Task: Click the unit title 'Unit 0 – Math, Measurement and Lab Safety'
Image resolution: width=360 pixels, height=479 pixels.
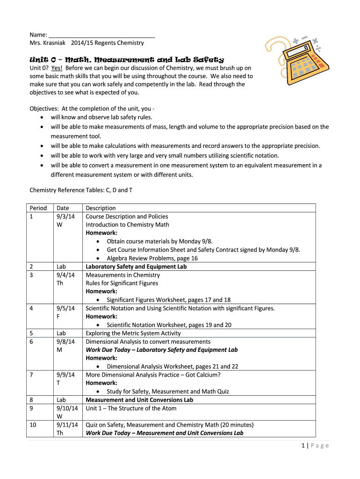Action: point(127,60)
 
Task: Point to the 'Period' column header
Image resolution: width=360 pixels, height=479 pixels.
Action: point(38,208)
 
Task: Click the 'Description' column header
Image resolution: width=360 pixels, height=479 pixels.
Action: point(101,208)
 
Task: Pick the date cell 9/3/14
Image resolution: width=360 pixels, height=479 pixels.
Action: point(65,217)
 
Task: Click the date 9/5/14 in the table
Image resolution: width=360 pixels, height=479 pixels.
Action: point(65,308)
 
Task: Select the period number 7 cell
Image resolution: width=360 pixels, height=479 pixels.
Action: point(31,375)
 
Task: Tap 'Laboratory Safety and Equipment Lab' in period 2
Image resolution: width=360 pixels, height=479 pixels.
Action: point(136,267)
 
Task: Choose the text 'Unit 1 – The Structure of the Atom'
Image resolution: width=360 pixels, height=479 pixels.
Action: point(131,408)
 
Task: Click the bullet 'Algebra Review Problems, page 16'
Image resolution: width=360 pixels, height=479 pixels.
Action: point(152,258)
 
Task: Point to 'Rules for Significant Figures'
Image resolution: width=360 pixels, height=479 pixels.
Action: point(122,283)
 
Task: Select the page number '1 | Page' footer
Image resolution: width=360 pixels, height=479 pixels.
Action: point(316,446)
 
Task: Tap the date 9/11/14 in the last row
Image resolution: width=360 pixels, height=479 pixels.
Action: point(65,425)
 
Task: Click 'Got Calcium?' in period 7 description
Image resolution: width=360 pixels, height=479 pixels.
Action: point(202,375)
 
